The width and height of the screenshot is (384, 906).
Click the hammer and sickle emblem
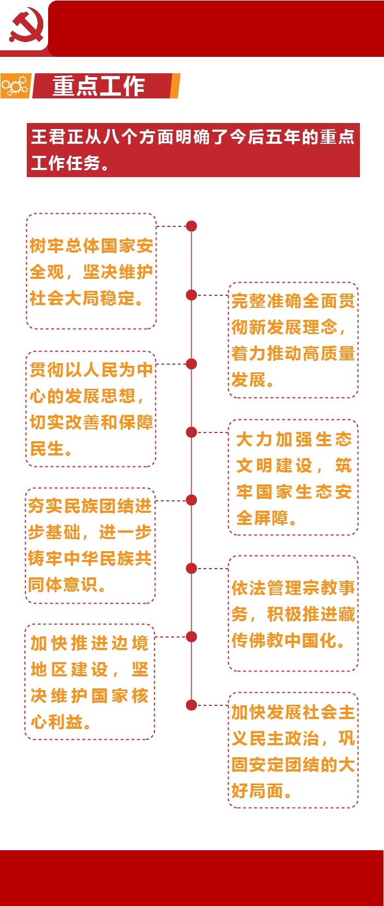pos(26,25)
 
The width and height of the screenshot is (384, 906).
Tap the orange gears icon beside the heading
pos(15,86)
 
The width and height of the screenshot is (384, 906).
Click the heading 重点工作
pos(99,86)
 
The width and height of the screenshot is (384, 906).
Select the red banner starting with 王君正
pos(193,150)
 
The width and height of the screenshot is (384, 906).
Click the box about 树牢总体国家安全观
pos(91,271)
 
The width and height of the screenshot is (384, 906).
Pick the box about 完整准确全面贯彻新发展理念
pos(293,340)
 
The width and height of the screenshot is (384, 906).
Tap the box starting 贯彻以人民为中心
pos(91,409)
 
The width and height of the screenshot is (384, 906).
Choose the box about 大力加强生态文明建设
pos(293,477)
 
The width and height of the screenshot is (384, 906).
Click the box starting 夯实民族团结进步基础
pos(90,546)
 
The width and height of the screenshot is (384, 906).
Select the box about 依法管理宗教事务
pos(293,613)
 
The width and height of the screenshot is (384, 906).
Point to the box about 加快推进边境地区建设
pos(90,682)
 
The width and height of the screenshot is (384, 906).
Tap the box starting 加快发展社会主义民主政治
pos(293,750)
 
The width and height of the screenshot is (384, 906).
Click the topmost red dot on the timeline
pos(191,226)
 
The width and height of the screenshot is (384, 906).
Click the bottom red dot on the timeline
pos(191,705)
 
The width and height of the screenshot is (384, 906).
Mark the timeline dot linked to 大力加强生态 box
pos(191,432)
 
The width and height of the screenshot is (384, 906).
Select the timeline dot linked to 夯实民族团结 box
pos(191,500)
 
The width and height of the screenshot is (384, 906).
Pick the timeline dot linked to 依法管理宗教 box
pos(191,569)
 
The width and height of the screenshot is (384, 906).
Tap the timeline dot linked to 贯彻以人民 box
pos(191,364)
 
